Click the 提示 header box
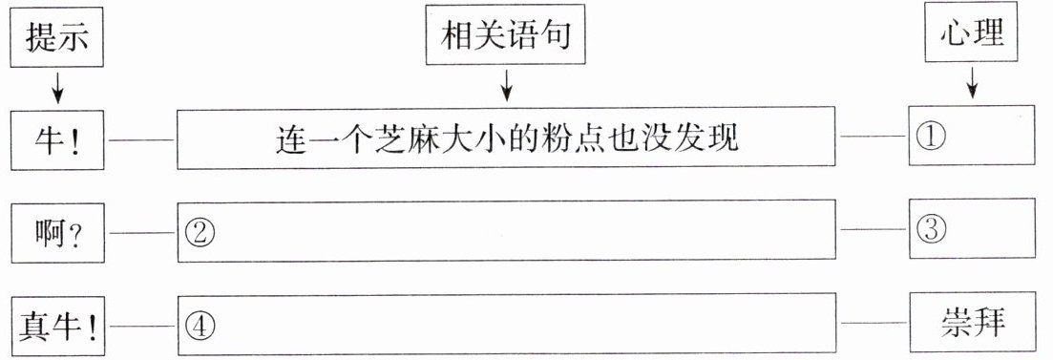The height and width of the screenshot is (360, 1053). (x=57, y=37)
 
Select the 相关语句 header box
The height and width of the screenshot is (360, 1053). (x=506, y=35)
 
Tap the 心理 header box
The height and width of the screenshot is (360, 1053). (x=971, y=33)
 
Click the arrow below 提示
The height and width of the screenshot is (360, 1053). (x=57, y=87)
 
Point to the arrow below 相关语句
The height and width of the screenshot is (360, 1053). (x=507, y=85)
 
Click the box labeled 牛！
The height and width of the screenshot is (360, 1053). (x=57, y=139)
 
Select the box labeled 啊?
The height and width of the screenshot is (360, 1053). (x=57, y=233)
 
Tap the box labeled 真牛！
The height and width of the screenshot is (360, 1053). (x=57, y=327)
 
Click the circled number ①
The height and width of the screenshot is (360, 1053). (x=931, y=137)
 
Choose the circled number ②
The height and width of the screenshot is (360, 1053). (x=199, y=233)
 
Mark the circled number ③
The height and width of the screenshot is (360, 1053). (x=931, y=230)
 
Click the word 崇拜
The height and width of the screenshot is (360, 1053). (x=972, y=324)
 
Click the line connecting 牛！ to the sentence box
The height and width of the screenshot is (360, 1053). (x=141, y=139)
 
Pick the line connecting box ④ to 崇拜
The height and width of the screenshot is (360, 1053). (x=873, y=323)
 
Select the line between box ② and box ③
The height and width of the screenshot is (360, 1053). (x=873, y=230)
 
